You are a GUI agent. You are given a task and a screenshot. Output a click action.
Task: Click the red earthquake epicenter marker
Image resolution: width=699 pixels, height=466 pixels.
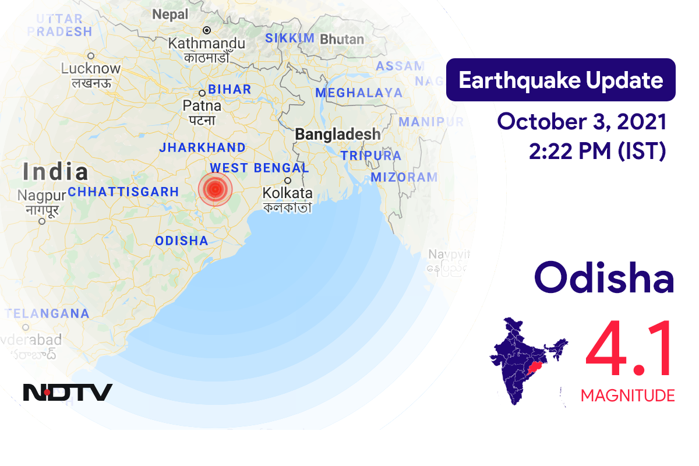click(x=215, y=189)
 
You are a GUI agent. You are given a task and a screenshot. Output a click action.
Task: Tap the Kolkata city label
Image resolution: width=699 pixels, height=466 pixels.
click(x=287, y=193)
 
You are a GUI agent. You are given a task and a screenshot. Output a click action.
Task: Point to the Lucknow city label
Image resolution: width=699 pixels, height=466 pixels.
click(x=90, y=69)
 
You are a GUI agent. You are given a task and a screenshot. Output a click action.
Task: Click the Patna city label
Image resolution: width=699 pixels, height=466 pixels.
click(x=202, y=106)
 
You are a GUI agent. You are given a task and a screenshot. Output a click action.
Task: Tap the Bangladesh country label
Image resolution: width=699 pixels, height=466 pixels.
click(x=337, y=135)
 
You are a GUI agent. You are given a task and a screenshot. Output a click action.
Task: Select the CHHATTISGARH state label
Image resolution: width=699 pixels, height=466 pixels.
click(x=123, y=192)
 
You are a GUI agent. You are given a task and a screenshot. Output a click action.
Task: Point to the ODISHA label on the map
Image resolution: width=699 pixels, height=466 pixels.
click(x=182, y=241)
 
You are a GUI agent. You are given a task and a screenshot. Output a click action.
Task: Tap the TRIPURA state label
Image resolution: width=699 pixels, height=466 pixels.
click(x=371, y=156)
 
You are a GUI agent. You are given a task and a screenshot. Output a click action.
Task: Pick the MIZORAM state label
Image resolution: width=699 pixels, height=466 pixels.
click(x=404, y=177)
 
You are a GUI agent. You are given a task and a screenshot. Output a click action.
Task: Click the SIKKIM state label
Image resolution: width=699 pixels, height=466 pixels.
click(x=290, y=38)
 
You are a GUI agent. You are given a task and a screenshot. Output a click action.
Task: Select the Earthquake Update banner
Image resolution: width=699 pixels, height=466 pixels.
click(x=560, y=80)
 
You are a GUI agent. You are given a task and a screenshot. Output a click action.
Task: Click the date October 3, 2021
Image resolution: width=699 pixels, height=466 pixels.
click(x=582, y=122)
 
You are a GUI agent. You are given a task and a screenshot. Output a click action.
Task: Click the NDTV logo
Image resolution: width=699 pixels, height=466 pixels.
click(x=68, y=392)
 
